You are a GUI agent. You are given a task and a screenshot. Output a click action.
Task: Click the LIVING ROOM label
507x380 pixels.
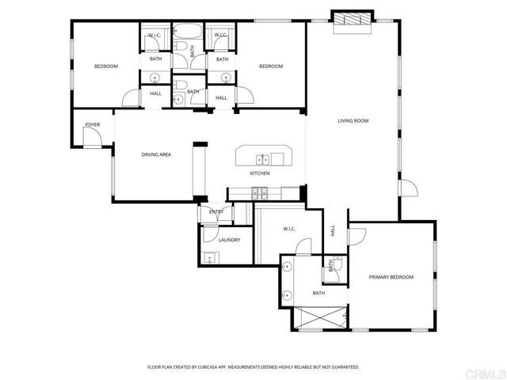point(354,121)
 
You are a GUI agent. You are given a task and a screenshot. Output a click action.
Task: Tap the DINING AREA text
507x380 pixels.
point(156,155)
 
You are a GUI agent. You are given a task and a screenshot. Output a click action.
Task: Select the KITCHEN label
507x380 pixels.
point(261,173)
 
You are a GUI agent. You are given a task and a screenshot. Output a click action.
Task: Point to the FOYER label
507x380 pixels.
point(93,125)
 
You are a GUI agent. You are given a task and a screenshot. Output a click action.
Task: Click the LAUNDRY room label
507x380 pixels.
point(230,240)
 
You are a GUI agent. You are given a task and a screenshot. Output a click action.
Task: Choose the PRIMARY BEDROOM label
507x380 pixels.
point(391,277)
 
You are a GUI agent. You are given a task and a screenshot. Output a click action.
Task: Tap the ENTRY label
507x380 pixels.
point(216,212)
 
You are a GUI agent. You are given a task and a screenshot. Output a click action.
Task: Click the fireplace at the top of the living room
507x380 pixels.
point(350,21)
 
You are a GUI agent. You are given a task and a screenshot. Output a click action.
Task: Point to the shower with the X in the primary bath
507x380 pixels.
point(319,317)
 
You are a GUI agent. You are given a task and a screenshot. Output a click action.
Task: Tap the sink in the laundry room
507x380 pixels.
point(210,256)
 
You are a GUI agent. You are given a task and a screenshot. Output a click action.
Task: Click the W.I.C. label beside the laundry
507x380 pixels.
point(289,230)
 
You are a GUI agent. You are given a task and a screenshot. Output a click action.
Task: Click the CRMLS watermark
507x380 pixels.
point(483,371)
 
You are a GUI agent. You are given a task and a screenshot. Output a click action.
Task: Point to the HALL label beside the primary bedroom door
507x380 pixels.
point(333,230)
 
